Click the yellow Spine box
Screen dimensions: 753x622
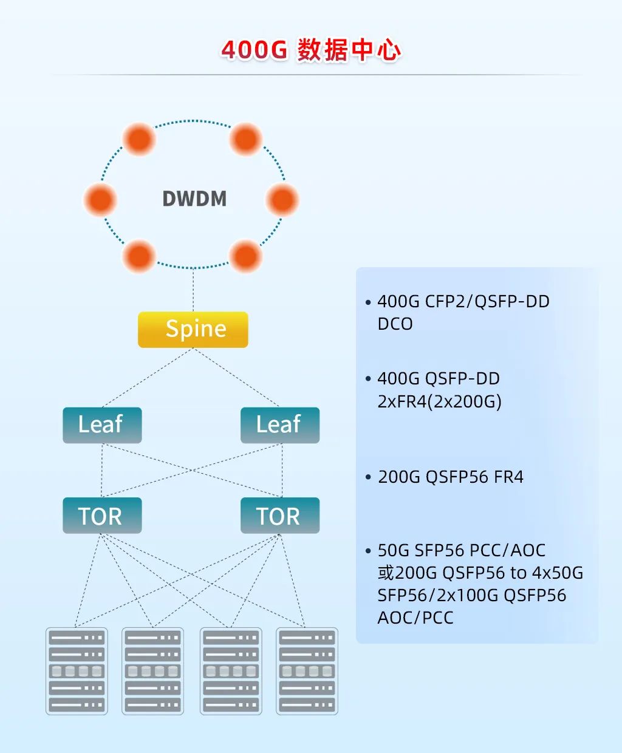pos(193,329)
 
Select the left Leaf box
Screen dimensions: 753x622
pos(102,424)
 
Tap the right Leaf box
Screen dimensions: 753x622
pos(279,424)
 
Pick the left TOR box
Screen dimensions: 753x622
pos(102,516)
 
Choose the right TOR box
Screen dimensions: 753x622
pos(279,516)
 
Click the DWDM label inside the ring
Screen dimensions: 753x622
pos(194,199)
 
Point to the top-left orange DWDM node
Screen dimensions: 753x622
pos(139,138)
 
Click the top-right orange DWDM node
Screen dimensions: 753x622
pos(246,138)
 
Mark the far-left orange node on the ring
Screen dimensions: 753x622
pos(100,199)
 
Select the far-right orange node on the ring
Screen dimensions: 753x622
pos(282,199)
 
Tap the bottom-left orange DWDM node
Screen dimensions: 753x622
pos(139,256)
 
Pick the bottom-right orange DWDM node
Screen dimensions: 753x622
pos(246,256)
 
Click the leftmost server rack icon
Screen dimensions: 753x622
pos(77,671)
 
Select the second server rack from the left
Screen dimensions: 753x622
pos(153,671)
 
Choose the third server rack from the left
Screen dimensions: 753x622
pos(231,671)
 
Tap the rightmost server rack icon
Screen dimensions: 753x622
pos(307,671)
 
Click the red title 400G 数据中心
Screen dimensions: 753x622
pos(311,50)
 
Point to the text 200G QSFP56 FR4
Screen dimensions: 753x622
pos(451,477)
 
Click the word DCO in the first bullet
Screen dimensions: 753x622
pos(395,324)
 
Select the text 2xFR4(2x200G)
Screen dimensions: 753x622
pos(439,401)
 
